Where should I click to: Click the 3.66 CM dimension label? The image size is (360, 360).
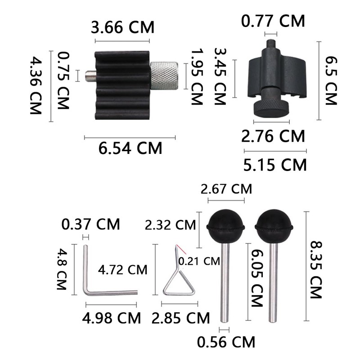point(122,27)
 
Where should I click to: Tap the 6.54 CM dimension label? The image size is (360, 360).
point(130,148)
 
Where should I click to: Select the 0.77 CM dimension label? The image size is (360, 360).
point(273,21)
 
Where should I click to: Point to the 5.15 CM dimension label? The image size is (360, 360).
point(275,165)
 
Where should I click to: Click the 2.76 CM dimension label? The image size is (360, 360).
point(273,136)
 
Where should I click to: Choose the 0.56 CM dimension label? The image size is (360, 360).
point(226,342)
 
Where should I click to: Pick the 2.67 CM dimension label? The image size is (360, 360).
point(226,189)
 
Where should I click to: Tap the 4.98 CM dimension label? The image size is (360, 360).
point(111,318)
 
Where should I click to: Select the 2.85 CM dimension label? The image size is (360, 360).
point(181,318)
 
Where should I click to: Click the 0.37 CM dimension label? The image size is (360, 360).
point(91,224)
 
